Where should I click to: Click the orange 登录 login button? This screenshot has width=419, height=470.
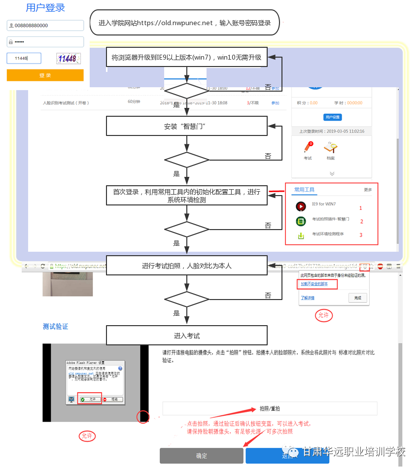[x=45, y=75]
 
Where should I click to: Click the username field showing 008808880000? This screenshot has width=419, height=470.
[x=45, y=26]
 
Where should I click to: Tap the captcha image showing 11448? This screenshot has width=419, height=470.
[x=67, y=59]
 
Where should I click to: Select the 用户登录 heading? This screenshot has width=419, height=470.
[x=45, y=8]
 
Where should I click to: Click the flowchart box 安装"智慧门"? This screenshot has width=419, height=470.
[x=187, y=126]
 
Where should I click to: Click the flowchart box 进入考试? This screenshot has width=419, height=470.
[x=187, y=336]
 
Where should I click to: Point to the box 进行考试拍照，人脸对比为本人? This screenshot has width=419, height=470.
[x=187, y=266]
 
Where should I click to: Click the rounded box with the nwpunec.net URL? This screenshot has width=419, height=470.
[x=184, y=23]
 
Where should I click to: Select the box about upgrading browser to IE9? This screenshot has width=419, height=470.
[x=187, y=57]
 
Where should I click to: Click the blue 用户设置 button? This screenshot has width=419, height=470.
[x=332, y=117]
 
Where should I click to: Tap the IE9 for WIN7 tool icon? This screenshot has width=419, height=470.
[x=301, y=206]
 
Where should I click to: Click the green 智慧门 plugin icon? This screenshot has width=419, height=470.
[x=301, y=221]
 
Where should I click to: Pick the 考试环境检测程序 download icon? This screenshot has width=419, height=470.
[x=301, y=235]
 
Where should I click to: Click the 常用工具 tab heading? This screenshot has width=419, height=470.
[x=304, y=190]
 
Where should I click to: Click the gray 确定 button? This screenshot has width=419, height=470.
[x=202, y=456]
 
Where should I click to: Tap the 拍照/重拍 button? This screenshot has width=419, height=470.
[x=270, y=408]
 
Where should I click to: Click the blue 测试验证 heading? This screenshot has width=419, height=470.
[x=55, y=327]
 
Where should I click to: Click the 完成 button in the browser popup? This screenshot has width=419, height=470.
[x=357, y=298]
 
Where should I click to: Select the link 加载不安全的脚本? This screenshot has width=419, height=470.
[x=314, y=284]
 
